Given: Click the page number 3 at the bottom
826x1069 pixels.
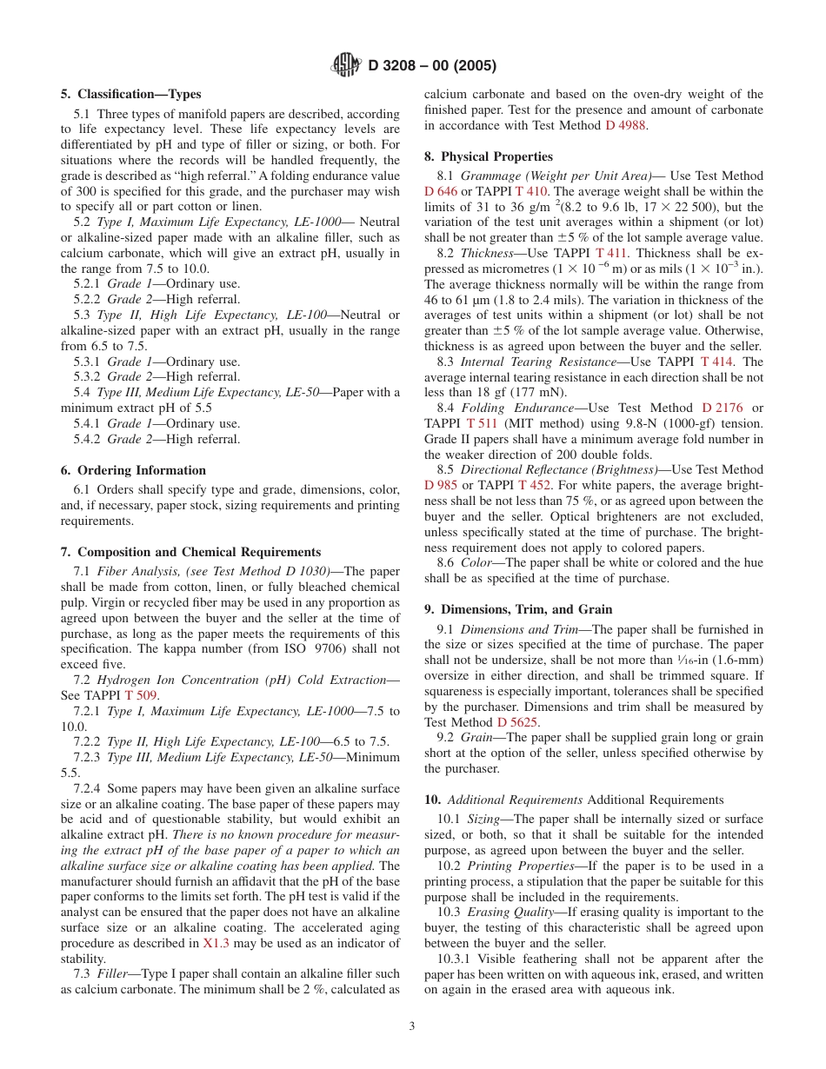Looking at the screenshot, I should coord(412,1026).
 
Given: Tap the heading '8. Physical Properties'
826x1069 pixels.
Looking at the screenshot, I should coord(488,156).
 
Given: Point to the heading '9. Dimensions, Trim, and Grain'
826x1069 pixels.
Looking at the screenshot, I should coord(517,609).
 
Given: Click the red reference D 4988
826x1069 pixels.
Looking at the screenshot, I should coord(626,125).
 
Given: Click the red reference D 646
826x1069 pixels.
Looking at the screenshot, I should coord(441,191).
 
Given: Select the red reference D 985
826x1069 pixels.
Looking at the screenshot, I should coord(441,485).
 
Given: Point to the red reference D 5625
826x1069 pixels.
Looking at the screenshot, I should coord(518,722).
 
